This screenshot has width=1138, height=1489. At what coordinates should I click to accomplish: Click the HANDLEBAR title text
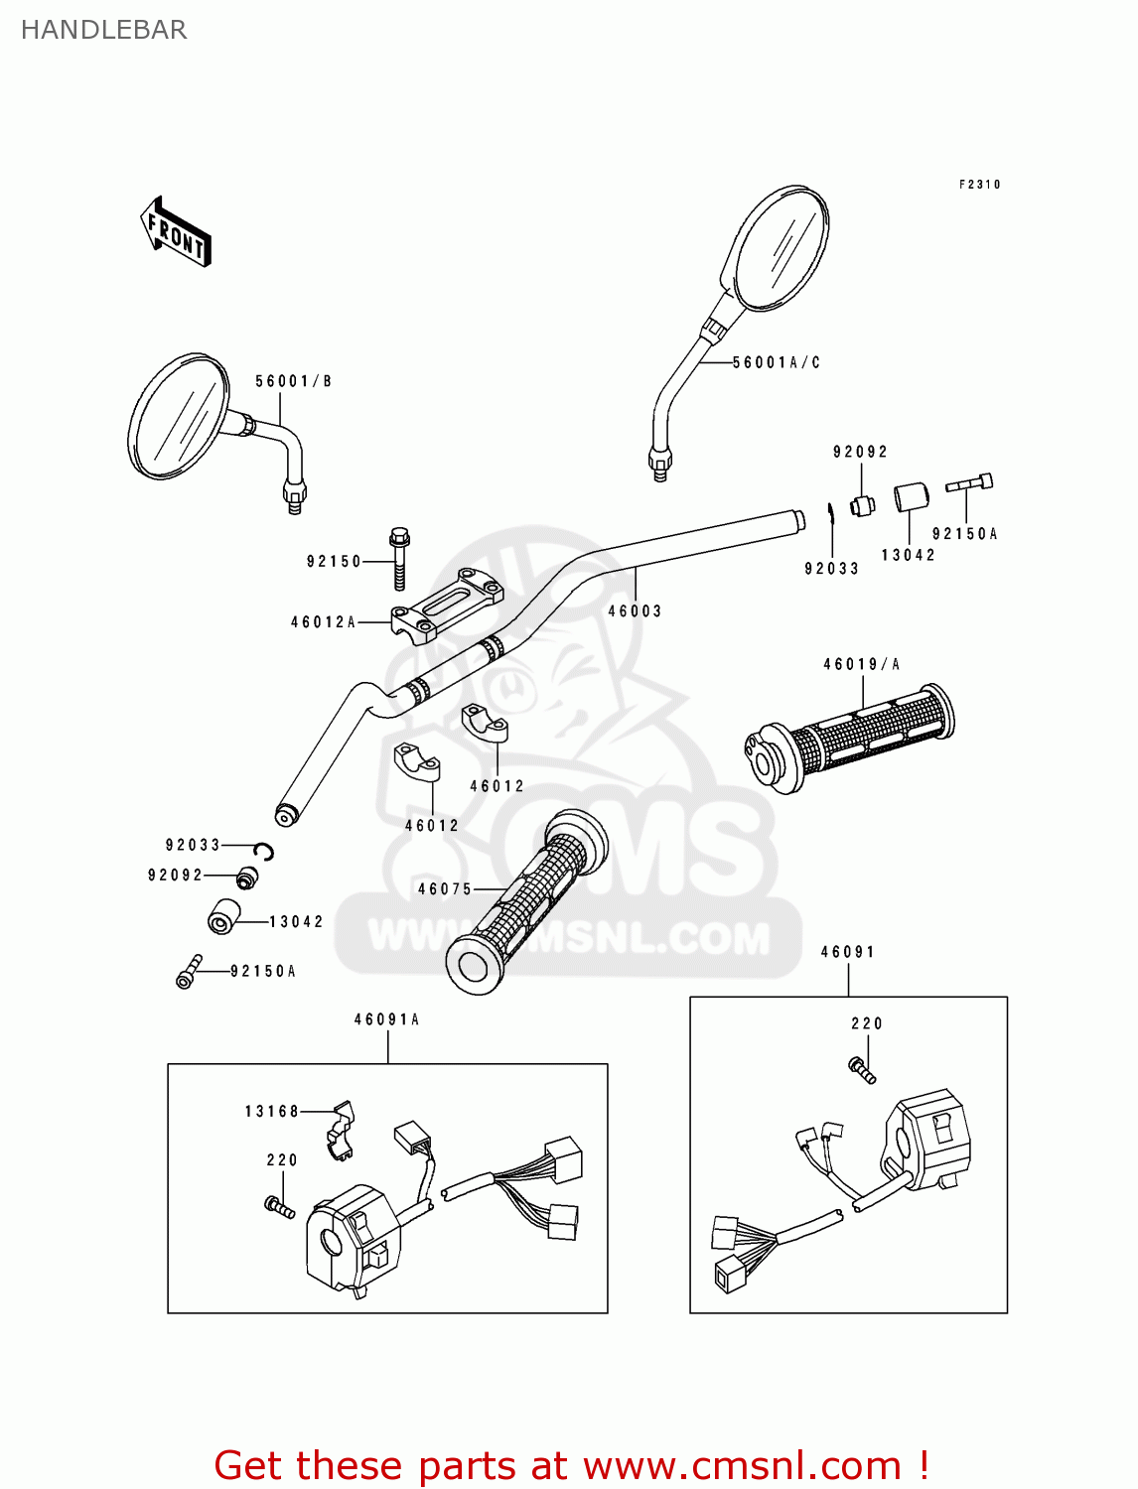click(x=103, y=30)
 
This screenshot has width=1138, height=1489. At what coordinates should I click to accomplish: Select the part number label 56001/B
click(x=293, y=381)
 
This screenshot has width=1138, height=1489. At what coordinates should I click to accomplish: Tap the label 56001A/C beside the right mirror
click(x=777, y=362)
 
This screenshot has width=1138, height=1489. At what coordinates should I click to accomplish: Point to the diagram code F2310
click(x=979, y=185)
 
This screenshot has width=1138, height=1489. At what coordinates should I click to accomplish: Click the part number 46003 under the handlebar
click(x=635, y=611)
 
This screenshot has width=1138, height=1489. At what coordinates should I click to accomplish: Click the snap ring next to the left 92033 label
click(x=263, y=851)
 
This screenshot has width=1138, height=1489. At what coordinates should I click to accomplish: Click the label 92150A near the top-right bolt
click(x=964, y=534)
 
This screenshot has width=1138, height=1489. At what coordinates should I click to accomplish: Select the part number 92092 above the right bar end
click(x=860, y=452)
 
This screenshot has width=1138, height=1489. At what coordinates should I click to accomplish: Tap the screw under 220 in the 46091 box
click(x=862, y=1070)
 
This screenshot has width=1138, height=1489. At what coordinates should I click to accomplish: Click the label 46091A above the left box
click(x=387, y=1019)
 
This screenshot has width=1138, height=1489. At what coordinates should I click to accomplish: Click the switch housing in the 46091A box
click(x=354, y=1239)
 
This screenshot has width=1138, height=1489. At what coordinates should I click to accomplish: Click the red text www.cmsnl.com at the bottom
click(x=743, y=1465)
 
